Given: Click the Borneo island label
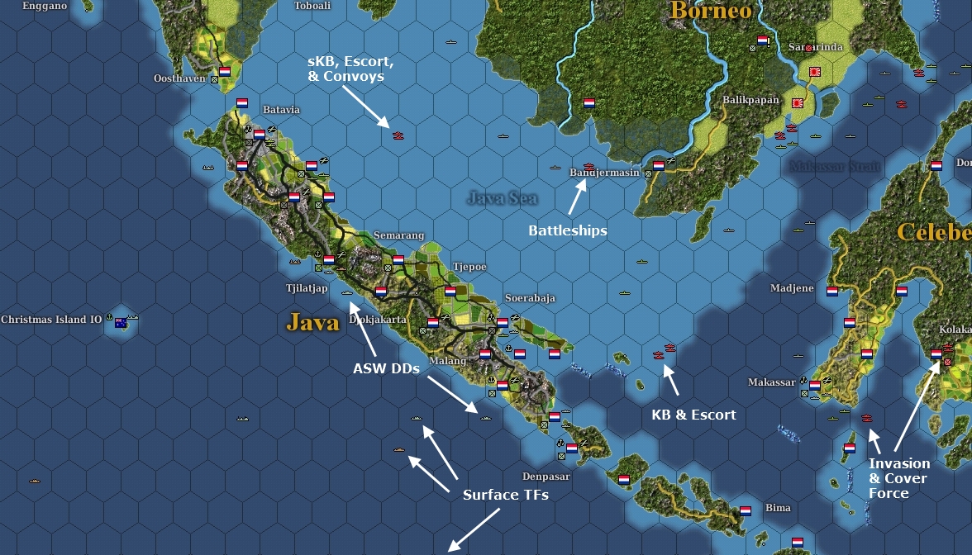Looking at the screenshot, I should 711,11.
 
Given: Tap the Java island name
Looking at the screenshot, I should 313,321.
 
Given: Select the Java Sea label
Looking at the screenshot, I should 502,198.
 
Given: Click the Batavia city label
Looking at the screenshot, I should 281,110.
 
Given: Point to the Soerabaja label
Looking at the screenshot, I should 530,297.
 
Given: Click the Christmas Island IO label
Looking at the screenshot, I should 51,320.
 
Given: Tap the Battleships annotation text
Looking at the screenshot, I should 567,230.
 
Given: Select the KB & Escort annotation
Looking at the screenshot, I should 693,414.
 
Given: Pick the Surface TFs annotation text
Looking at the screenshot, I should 505,495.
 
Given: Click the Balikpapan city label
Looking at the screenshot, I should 750,100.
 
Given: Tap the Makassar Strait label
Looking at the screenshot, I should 834,166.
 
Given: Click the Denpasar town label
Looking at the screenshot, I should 546,477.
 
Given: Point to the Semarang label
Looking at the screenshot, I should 398,235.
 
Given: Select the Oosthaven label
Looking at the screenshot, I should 179,78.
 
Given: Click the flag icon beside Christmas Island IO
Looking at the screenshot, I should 121,321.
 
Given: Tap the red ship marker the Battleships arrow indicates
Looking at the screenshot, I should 588,167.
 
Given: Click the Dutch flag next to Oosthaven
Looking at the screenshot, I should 224,72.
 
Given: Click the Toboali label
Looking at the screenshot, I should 312,6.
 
